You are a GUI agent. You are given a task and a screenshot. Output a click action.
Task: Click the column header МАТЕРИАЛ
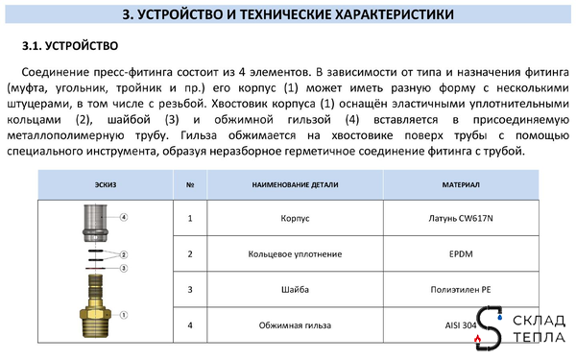point(454,184)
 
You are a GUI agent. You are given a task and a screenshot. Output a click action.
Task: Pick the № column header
point(190,184)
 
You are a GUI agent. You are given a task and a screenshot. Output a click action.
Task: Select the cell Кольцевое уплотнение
point(289,254)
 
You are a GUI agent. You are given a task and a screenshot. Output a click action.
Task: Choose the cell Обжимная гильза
point(289,325)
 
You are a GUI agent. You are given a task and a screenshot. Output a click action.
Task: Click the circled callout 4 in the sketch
point(124,220)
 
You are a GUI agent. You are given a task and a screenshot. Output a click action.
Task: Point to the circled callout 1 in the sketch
point(124,314)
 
